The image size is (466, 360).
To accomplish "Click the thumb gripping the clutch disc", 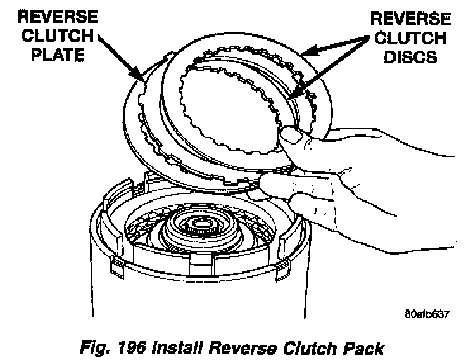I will tap(293, 136).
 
